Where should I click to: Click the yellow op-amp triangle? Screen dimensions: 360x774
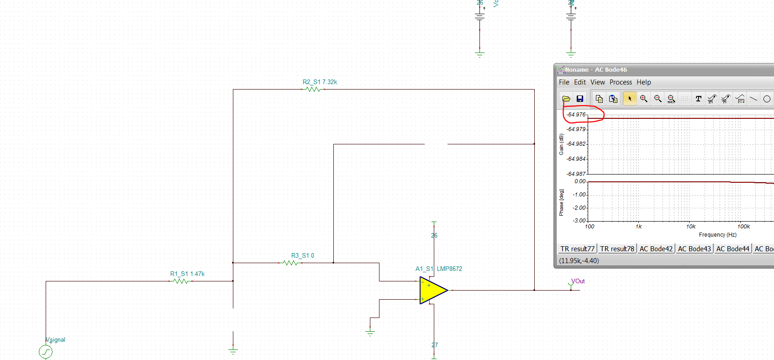(432, 290)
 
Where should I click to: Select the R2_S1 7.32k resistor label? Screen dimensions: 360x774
(320, 82)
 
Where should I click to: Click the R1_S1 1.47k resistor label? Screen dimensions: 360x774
(187, 274)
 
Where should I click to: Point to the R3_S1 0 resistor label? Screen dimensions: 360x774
(302, 256)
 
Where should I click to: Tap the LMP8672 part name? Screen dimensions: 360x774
(449, 269)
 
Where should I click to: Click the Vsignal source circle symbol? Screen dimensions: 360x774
(46, 352)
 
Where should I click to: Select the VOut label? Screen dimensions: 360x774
(578, 281)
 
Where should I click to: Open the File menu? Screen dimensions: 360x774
(564, 82)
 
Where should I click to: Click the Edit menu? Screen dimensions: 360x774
(580, 82)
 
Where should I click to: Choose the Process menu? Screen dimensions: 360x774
(621, 82)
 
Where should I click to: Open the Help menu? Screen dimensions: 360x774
(644, 82)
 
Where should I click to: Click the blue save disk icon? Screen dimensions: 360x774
(580, 99)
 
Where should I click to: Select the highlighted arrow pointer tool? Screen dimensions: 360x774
(630, 99)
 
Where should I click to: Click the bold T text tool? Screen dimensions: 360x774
(698, 99)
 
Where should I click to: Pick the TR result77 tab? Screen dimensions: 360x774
(577, 249)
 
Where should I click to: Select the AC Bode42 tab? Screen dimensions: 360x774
(656, 249)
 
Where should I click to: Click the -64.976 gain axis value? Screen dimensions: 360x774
(576, 115)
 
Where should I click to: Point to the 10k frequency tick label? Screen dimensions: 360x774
(691, 227)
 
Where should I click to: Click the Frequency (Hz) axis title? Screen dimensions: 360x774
(717, 235)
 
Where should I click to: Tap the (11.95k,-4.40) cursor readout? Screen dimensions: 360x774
(579, 261)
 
